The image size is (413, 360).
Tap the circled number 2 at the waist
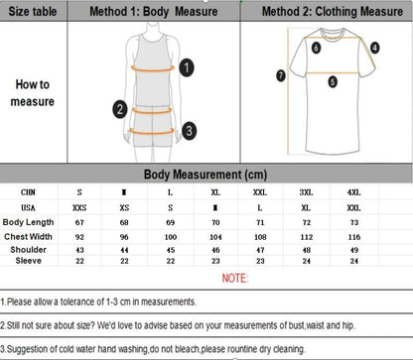[x=119, y=109]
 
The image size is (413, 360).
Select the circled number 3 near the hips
[x=189, y=128]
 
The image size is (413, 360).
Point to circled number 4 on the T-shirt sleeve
[x=374, y=47]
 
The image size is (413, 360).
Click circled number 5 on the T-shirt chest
[x=333, y=81]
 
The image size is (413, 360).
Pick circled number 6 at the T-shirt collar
[x=317, y=47]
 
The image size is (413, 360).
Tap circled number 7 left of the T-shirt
[x=281, y=74]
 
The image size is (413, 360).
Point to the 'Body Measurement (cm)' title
[x=206, y=174]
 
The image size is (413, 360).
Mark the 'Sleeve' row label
[x=29, y=262]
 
